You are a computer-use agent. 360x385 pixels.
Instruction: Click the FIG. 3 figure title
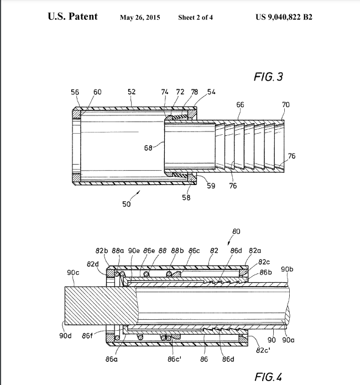pyautogui.click(x=268, y=77)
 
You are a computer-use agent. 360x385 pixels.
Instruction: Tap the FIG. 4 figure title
pyautogui.click(x=268, y=377)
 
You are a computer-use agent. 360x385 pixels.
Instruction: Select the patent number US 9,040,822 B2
pyautogui.click(x=284, y=17)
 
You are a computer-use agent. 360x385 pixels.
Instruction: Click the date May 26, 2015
pyautogui.click(x=140, y=18)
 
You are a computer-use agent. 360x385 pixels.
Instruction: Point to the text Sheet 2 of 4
pyautogui.click(x=195, y=18)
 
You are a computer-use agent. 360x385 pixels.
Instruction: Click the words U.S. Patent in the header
pyautogui.click(x=73, y=16)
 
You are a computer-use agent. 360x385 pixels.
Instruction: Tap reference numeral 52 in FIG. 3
pyautogui.click(x=132, y=92)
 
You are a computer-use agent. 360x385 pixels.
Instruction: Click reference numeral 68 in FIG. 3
pyautogui.click(x=148, y=148)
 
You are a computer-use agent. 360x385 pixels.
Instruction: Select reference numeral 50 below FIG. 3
pyautogui.click(x=126, y=204)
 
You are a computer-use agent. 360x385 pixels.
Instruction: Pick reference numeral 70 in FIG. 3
pyautogui.click(x=286, y=105)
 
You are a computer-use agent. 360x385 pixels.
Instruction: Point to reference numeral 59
pyautogui.click(x=211, y=186)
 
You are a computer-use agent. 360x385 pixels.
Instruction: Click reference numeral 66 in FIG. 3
pyautogui.click(x=240, y=105)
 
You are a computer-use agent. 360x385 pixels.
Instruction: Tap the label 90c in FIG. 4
pyautogui.click(x=73, y=272)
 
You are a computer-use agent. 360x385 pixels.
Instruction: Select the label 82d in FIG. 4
pyautogui.click(x=93, y=264)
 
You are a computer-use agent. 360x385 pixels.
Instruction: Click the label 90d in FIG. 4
pyautogui.click(x=65, y=335)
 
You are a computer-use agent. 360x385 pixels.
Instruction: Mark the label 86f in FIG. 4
pyautogui.click(x=87, y=335)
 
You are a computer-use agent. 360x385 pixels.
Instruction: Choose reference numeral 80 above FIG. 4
pyautogui.click(x=236, y=231)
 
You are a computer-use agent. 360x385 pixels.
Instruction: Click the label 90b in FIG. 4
pyautogui.click(x=287, y=270)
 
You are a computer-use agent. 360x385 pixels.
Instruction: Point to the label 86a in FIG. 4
pyautogui.click(x=112, y=359)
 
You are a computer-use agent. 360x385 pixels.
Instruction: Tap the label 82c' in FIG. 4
pyautogui.click(x=263, y=350)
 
